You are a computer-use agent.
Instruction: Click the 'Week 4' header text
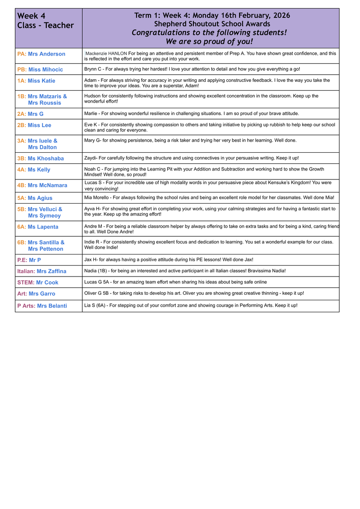[x=31, y=16]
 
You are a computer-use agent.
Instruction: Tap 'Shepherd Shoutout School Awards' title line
[x=212, y=24]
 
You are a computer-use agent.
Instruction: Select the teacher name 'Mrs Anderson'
[x=47, y=54]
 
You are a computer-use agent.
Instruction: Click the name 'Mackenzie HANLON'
[x=106, y=53]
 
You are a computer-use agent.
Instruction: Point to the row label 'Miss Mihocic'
[x=45, y=70]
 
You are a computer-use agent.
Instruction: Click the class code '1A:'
[x=22, y=81]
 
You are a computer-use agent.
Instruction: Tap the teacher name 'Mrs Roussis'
[x=45, y=103]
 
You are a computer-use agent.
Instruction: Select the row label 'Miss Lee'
[x=39, y=125]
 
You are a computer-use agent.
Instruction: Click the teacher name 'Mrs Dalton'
[x=42, y=147]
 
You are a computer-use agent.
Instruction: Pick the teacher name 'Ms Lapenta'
[x=43, y=227]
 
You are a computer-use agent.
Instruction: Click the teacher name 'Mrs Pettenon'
[x=46, y=249]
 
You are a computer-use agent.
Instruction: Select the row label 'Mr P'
[x=35, y=260]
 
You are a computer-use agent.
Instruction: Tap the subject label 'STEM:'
[x=26, y=282]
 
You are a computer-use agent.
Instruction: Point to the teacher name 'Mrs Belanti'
[x=52, y=306]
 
